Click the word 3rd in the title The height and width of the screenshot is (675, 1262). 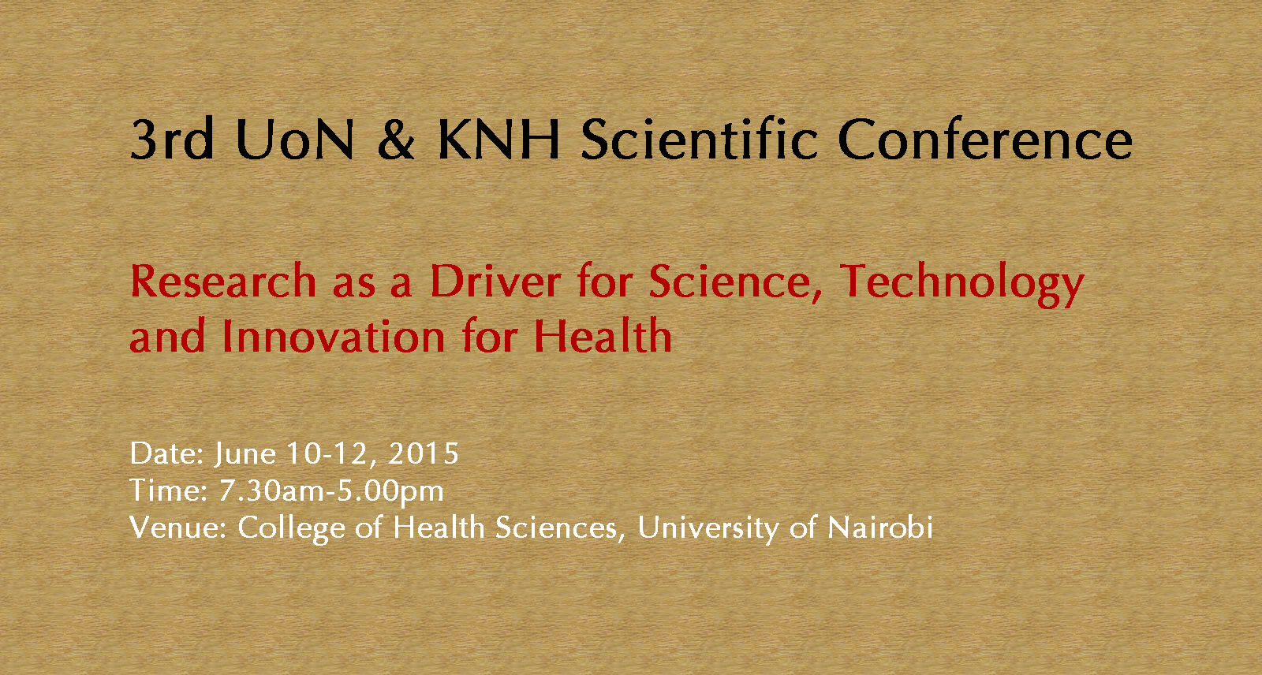click(172, 138)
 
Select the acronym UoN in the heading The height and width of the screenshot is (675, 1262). click(295, 139)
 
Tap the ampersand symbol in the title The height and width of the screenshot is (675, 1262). click(396, 139)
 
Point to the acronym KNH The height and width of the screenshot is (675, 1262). click(498, 139)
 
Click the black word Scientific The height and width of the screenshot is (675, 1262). click(699, 138)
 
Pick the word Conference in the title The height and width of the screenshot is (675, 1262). click(985, 139)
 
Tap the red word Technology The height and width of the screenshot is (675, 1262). click(961, 285)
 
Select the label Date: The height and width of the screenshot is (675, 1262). click(166, 453)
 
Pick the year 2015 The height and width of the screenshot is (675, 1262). click(423, 453)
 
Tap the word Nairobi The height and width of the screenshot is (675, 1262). click(880, 528)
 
